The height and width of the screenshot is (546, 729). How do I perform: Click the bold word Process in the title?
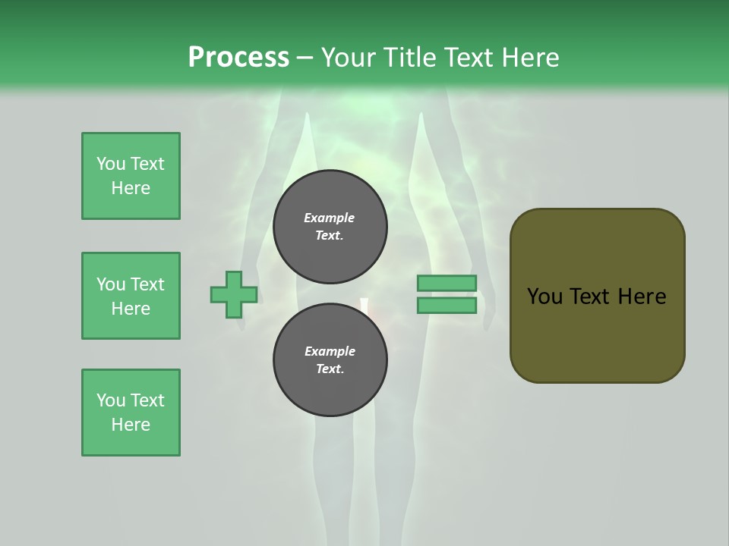pos(238,58)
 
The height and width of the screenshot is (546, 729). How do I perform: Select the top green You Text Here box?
pos(131,176)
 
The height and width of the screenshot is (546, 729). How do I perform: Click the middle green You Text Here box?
pos(131,296)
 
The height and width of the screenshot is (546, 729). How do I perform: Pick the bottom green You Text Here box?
pos(131,413)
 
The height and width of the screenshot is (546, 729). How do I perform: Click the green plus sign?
pos(234,294)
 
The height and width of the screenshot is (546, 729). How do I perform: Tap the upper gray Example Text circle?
pos(330,227)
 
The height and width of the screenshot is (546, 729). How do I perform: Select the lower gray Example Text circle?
pos(330,360)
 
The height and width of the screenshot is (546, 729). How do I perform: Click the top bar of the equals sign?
pos(447,284)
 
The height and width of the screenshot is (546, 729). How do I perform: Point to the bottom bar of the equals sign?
pos(447,305)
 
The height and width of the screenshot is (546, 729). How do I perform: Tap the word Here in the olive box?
pos(642,297)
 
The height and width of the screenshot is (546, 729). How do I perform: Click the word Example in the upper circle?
pos(329,218)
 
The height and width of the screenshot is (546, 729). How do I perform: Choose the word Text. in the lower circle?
pos(330,369)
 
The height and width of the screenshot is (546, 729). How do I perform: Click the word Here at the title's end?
pos(529,58)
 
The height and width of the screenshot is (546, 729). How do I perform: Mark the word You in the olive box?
pos(544,297)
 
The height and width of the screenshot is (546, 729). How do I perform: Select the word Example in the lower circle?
pos(330,351)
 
